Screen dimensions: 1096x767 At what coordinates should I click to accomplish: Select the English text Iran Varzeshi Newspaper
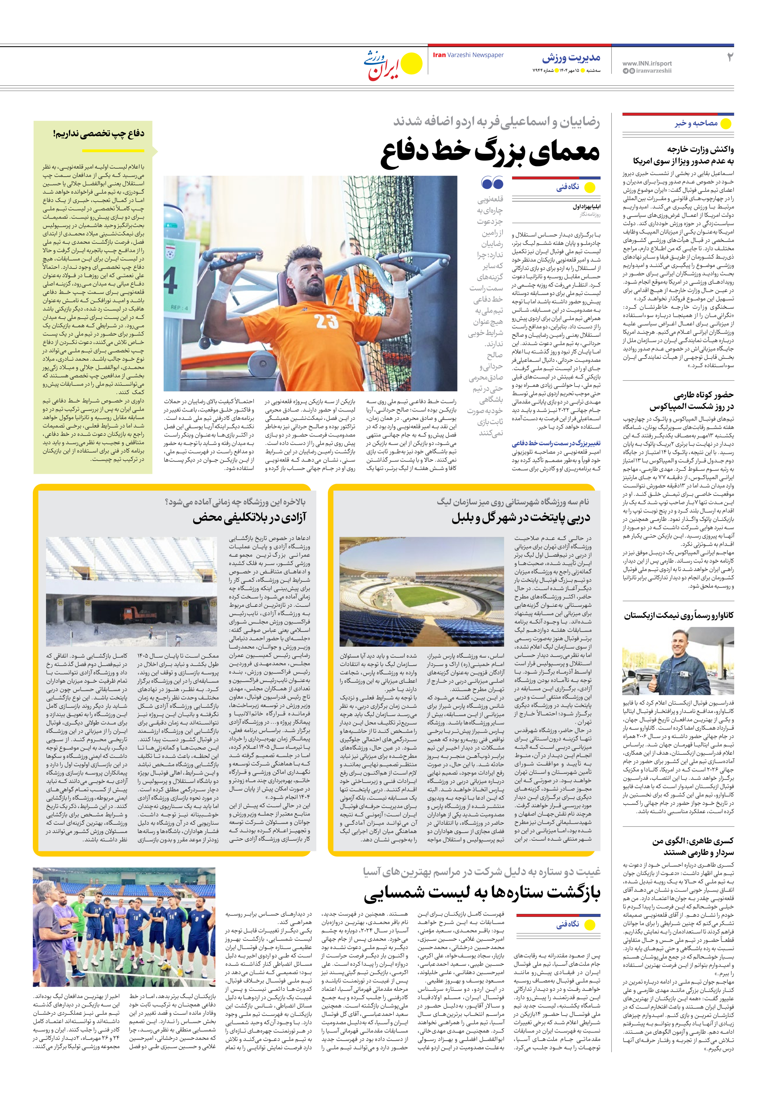pyautogui.click(x=468, y=55)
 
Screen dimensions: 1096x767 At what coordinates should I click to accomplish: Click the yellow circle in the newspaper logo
pyautogui.click(x=411, y=64)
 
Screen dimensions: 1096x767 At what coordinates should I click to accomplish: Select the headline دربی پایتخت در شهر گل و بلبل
pyautogui.click(x=521, y=518)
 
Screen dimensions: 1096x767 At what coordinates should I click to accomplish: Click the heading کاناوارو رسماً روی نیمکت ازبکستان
pyautogui.click(x=679, y=615)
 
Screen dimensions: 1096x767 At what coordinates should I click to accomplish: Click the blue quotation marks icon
pyautogui.click(x=492, y=182)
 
